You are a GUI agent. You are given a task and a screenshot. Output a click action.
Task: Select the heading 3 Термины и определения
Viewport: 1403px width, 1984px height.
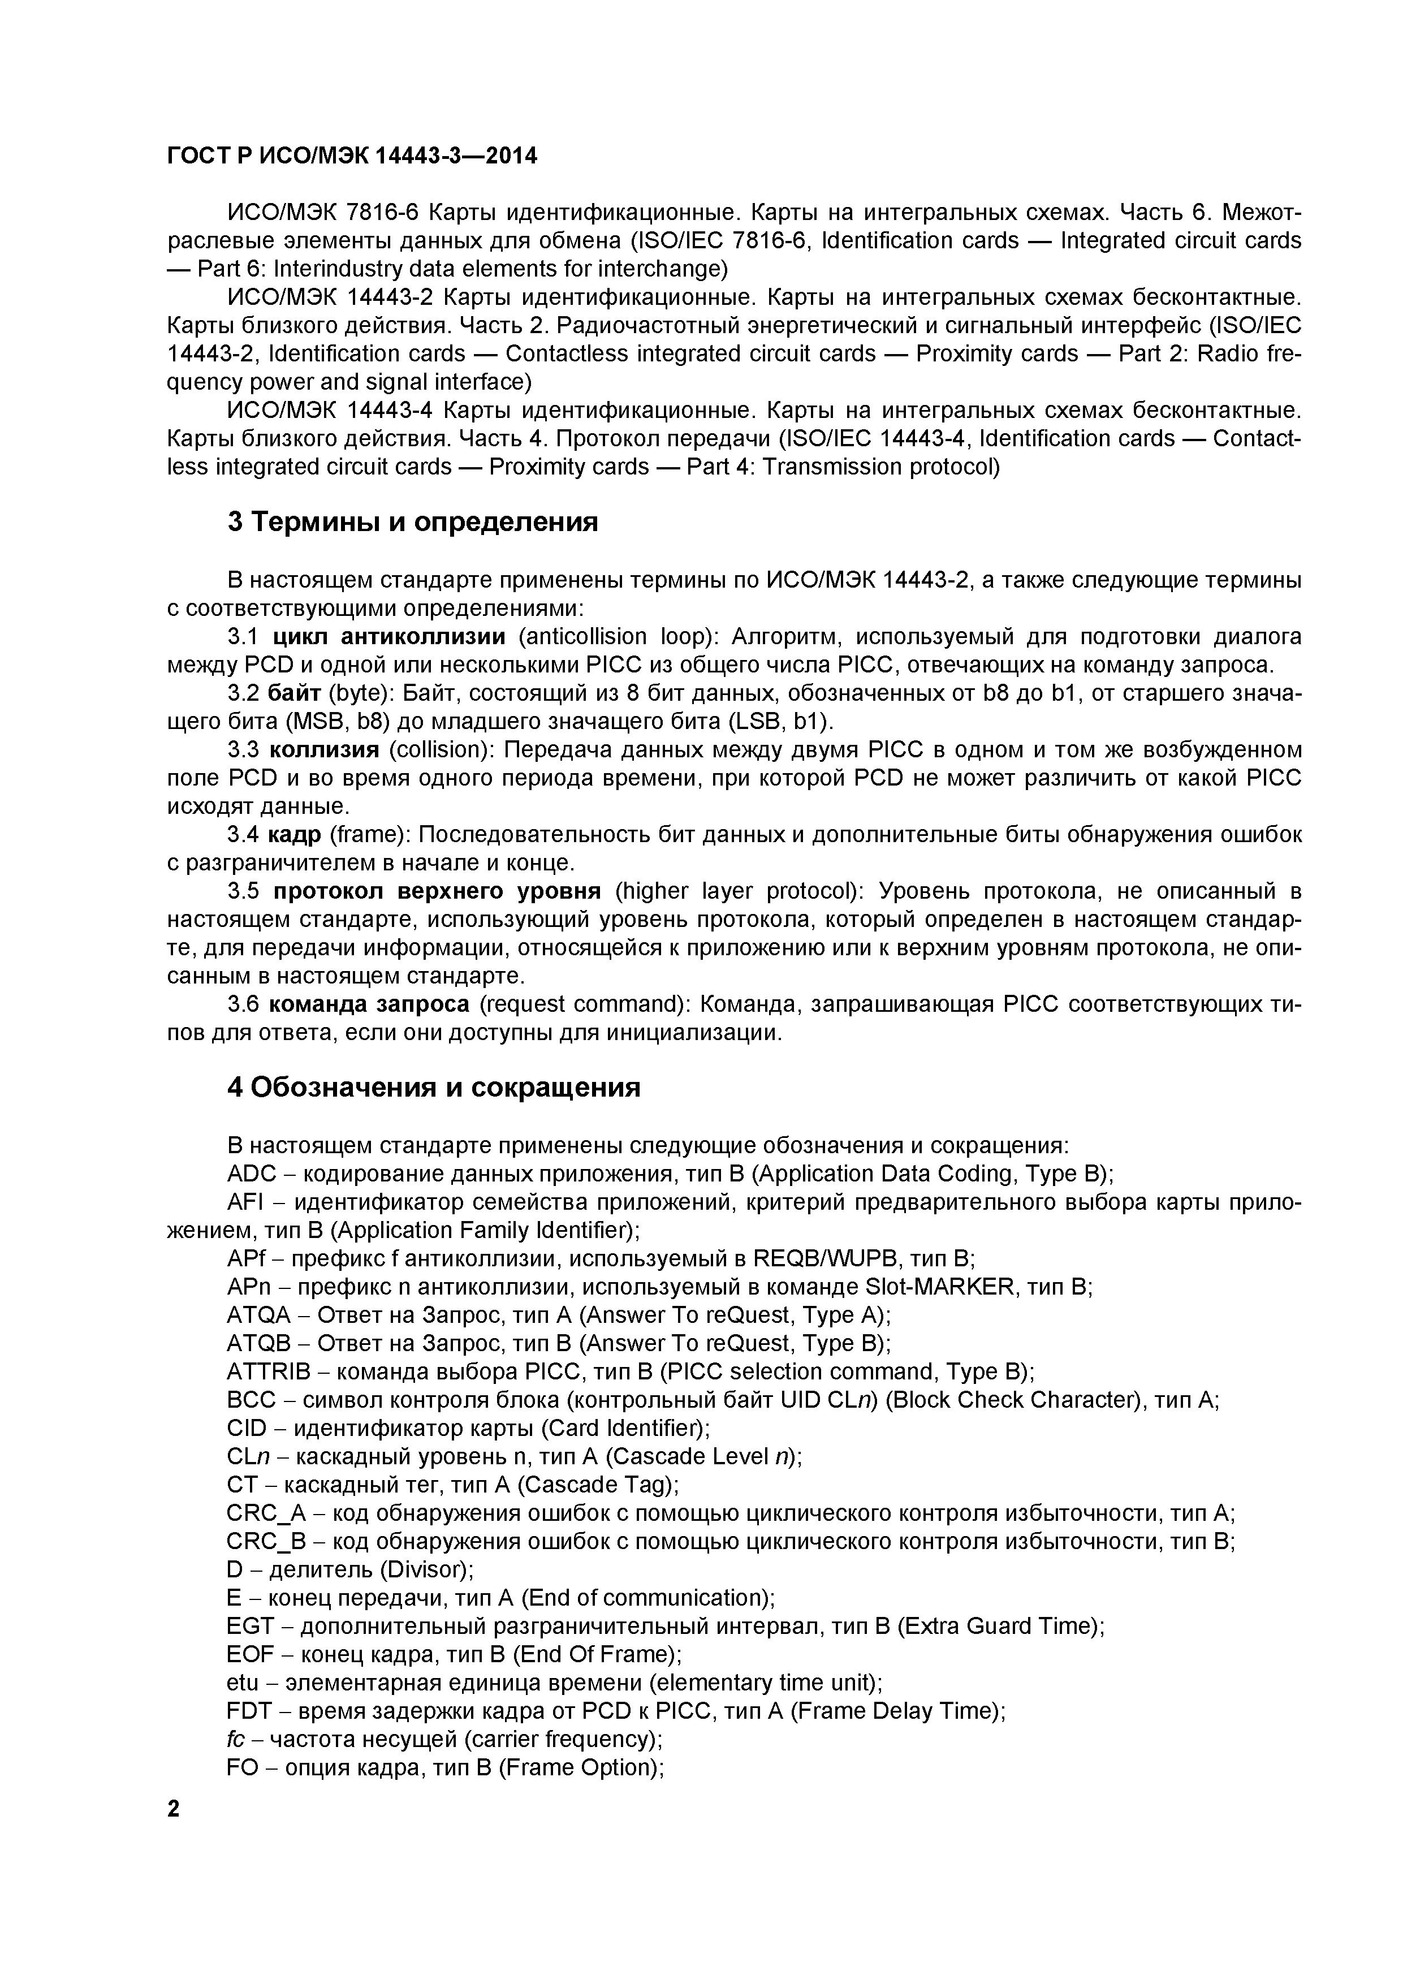coord(412,523)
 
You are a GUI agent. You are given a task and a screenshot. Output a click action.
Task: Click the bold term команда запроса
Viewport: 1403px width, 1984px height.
coord(369,1004)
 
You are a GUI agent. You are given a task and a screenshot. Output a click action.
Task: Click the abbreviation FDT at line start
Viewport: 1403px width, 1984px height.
coord(250,1711)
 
